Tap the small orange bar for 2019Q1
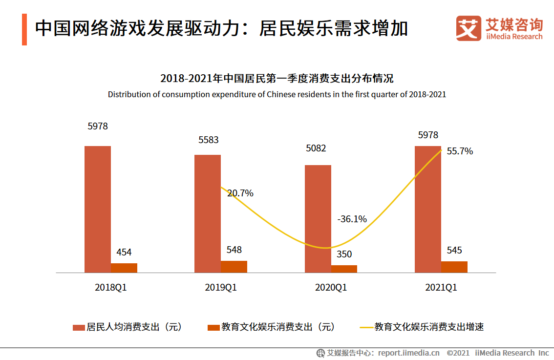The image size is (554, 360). pyautogui.click(x=234, y=266)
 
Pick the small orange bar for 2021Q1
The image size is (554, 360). pyautogui.click(x=454, y=267)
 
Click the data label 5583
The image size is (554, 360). pyautogui.click(x=208, y=140)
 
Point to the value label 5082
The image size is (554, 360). pyautogui.click(x=316, y=148)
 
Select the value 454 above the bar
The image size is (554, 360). pyautogui.click(x=124, y=253)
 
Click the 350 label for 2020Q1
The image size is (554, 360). pyautogui.click(x=344, y=254)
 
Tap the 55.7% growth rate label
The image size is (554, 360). pyautogui.click(x=460, y=151)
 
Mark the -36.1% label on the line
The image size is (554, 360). pyautogui.click(x=352, y=219)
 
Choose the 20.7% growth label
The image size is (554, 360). pyautogui.click(x=240, y=193)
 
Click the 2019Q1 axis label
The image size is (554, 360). pyautogui.click(x=221, y=288)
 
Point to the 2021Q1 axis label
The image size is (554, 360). pyautogui.click(x=441, y=288)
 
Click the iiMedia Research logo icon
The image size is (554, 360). pyautogui.click(x=469, y=29)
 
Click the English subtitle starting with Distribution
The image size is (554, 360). pyautogui.click(x=277, y=94)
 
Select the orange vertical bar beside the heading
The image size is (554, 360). pyautogui.click(x=24, y=30)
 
